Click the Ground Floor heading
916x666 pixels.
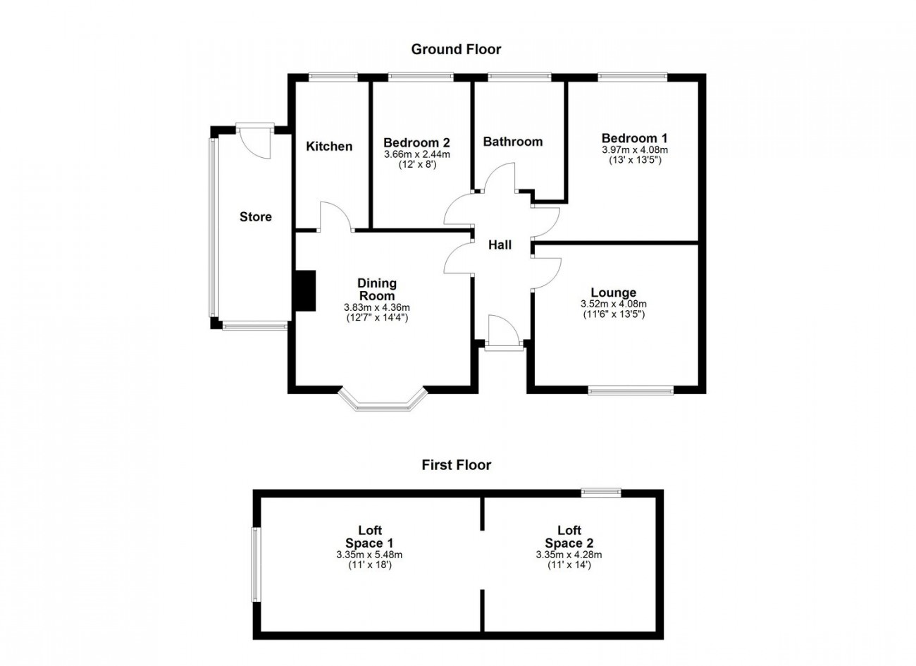456,49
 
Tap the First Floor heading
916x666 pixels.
457,465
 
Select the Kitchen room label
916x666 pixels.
329,147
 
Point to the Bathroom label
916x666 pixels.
513,142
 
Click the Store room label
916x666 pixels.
256,217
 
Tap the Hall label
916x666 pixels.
500,245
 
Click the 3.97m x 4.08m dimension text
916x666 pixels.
635,150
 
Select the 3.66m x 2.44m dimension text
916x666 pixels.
416,154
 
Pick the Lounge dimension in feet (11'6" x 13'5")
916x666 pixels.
614,314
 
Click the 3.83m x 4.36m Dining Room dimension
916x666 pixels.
377,307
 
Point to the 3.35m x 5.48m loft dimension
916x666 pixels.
369,555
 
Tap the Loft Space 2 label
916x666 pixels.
569,537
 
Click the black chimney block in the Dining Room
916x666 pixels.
306,291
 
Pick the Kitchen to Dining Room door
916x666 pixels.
335,216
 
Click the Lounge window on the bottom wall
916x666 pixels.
631,392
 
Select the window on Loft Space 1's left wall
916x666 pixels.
255,565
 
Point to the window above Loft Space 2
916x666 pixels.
601,493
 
